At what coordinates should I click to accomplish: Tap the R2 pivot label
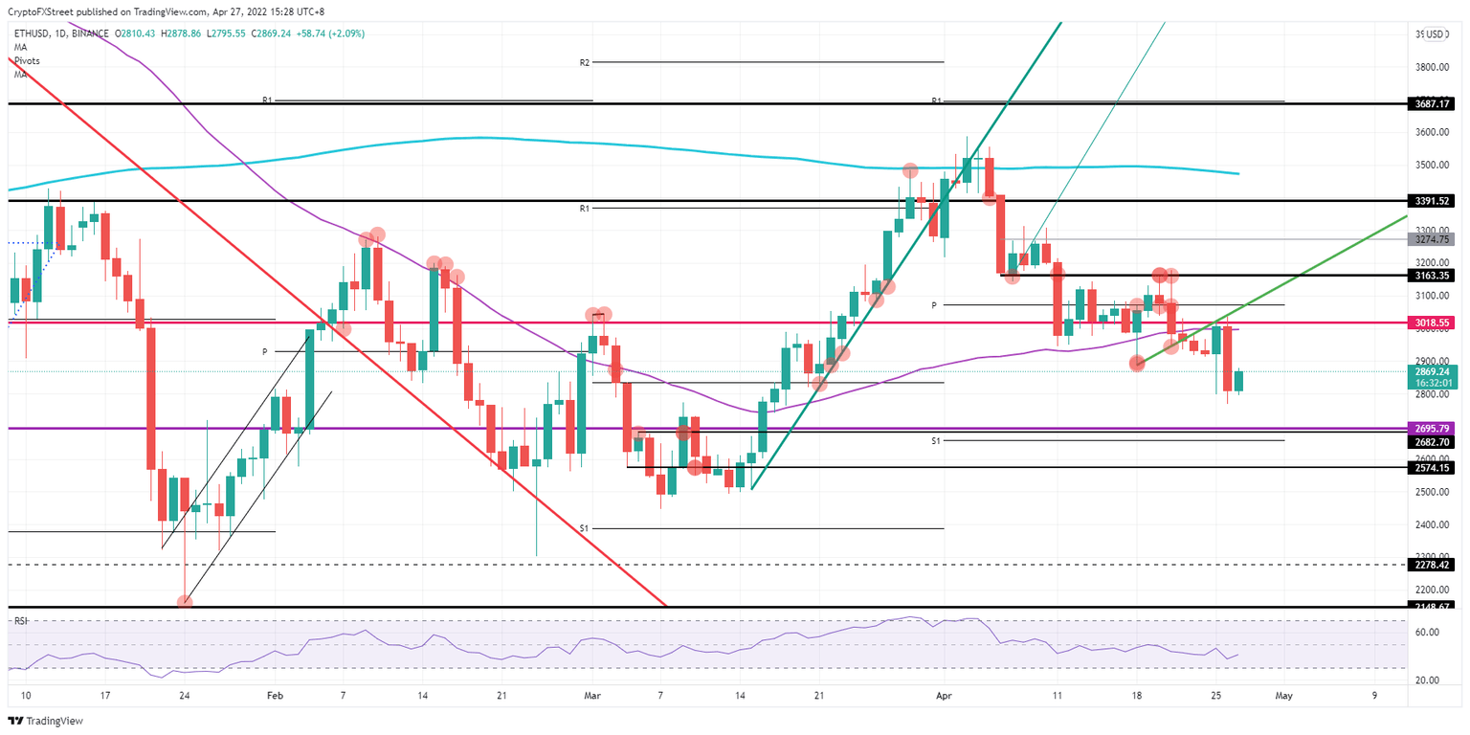tap(584, 62)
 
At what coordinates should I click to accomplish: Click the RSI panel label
tap(20, 621)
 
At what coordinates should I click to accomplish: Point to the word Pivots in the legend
tap(27, 60)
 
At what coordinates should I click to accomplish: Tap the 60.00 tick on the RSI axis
tap(1429, 633)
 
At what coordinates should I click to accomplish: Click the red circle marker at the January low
tap(185, 602)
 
